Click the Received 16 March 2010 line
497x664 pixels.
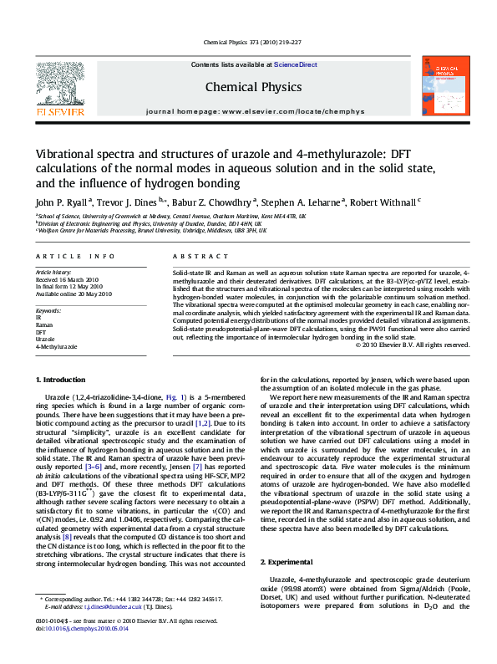point(66,279)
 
